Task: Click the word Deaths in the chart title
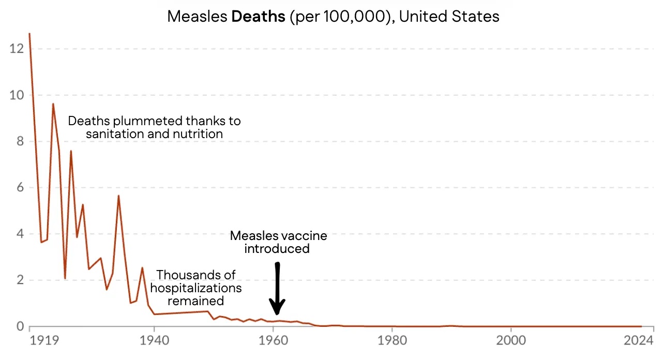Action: point(258,16)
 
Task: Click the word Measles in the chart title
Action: point(198,16)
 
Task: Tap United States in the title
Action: point(449,16)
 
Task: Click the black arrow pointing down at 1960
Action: point(277,290)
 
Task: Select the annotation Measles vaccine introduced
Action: point(278,242)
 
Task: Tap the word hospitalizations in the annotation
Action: point(196,288)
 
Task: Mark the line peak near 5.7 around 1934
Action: point(118,196)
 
